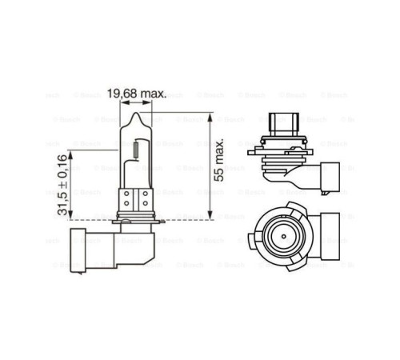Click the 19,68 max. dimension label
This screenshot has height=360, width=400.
click(x=138, y=94)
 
